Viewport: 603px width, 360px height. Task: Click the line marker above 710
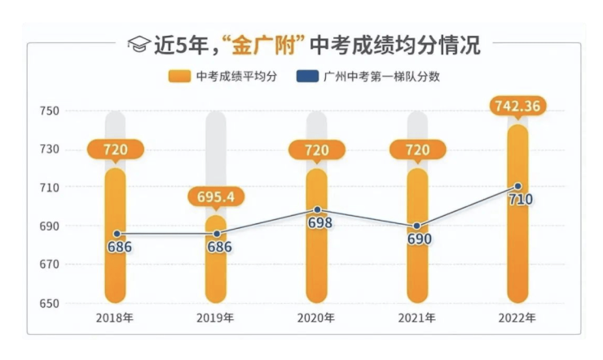(517, 187)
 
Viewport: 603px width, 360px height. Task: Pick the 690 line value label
(416, 239)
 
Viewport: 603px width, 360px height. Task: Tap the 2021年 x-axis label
(416, 318)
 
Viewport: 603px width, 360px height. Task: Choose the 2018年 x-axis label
(117, 318)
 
